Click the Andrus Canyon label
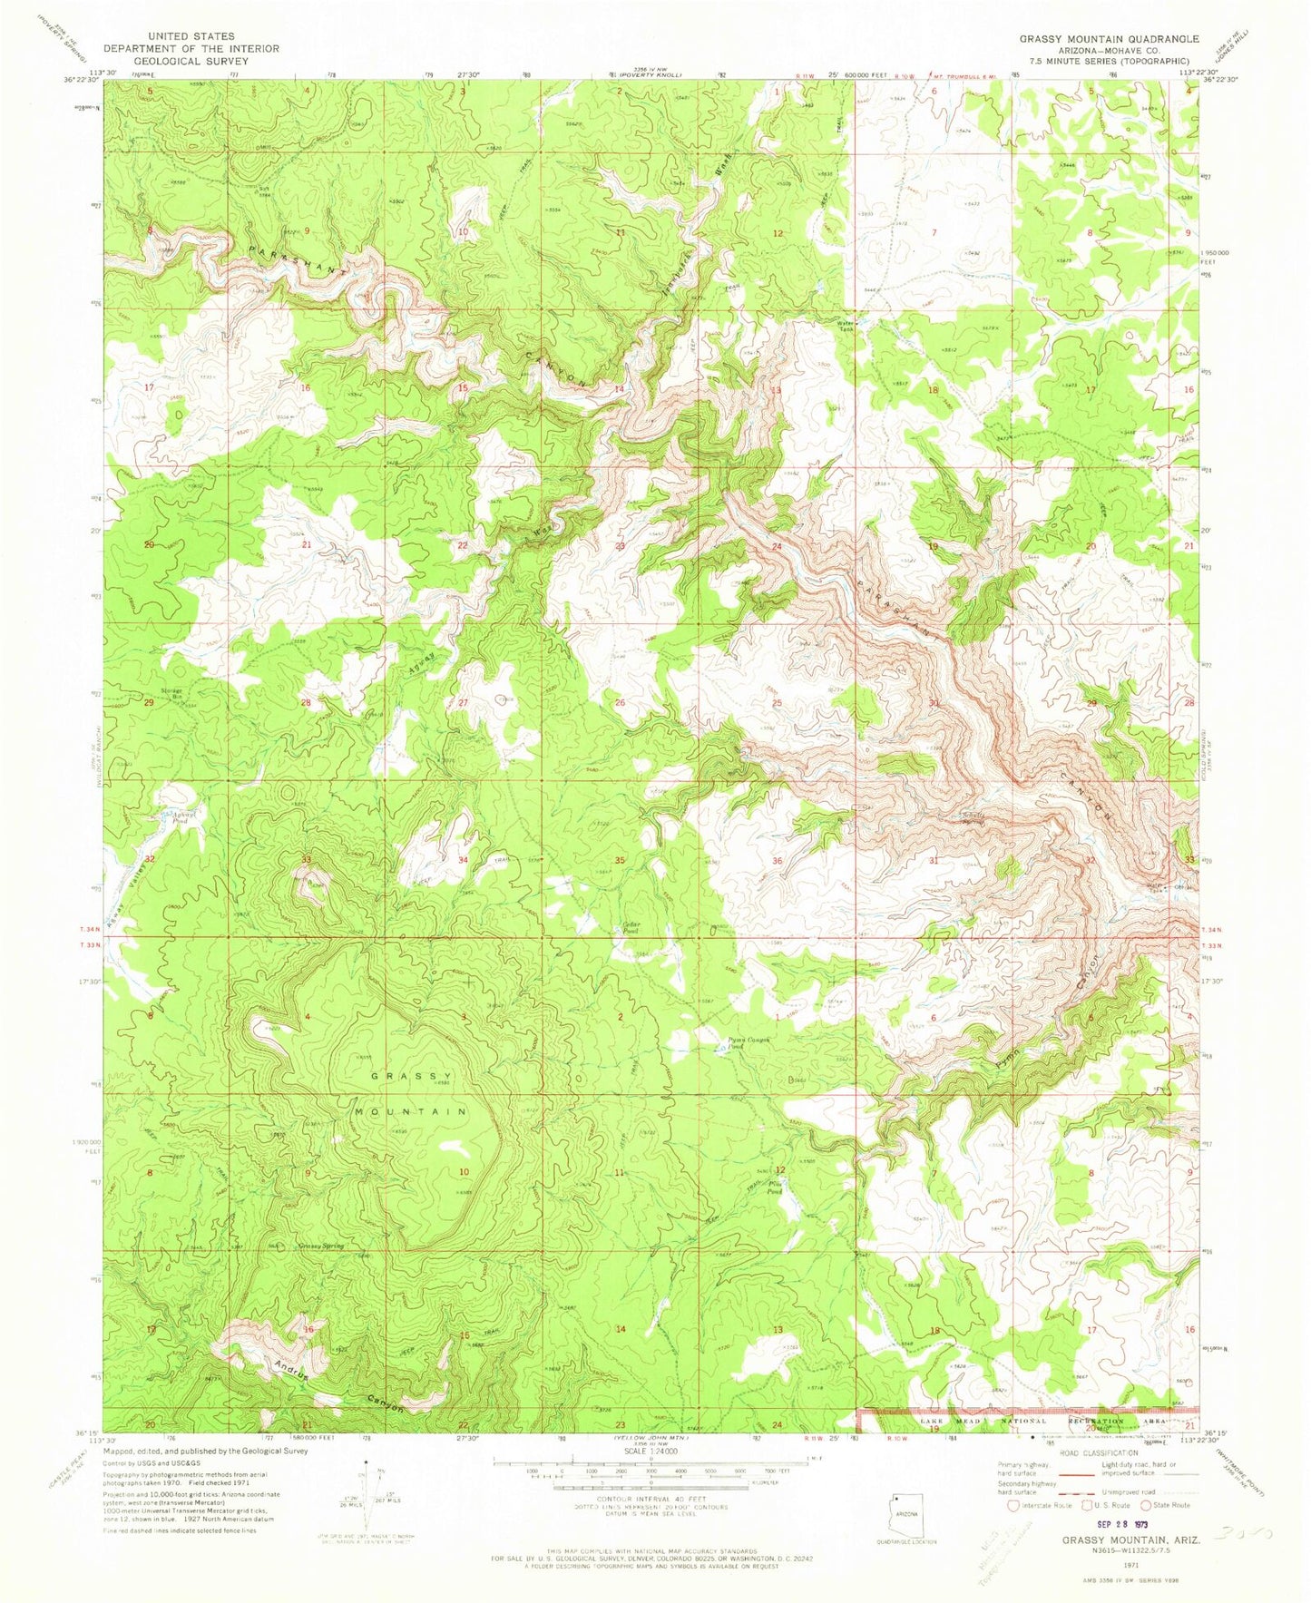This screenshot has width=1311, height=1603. coord(335,1385)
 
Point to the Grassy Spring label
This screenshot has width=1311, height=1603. coord(322,1246)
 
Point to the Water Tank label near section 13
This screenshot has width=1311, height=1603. coord(846,325)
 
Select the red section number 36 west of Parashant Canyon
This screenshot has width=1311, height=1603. coord(777,860)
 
